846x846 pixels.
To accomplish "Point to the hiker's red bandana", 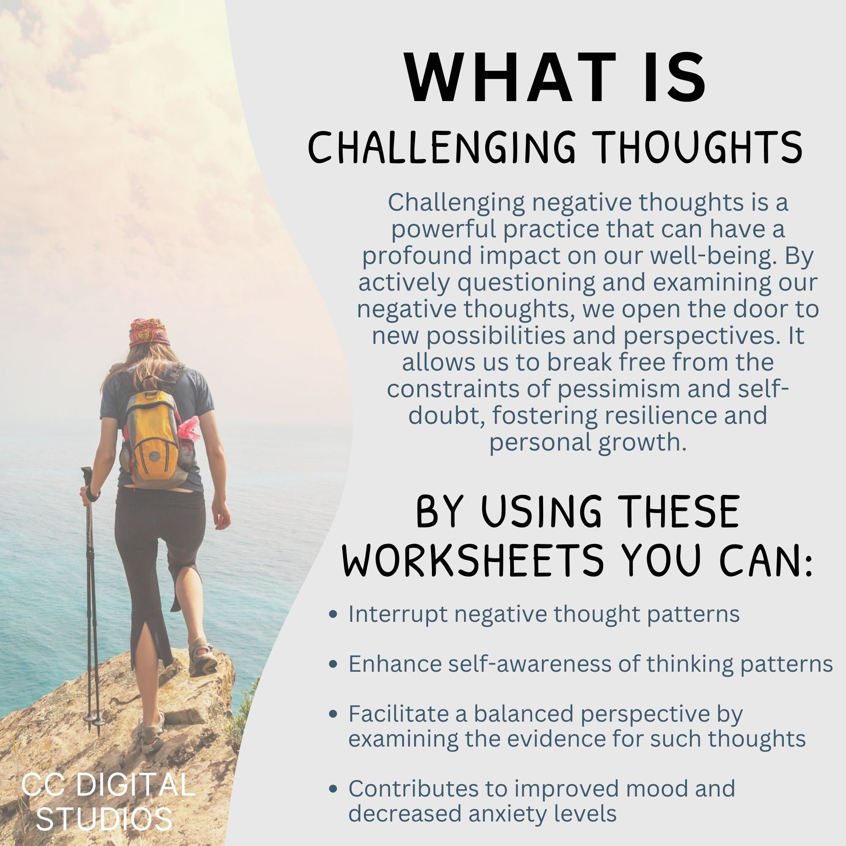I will pos(149,333).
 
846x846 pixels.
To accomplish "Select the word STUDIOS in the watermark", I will pos(104,819).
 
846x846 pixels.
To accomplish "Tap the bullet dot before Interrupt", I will pos(334,614).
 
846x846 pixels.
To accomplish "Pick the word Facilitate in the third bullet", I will pos(398,714).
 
